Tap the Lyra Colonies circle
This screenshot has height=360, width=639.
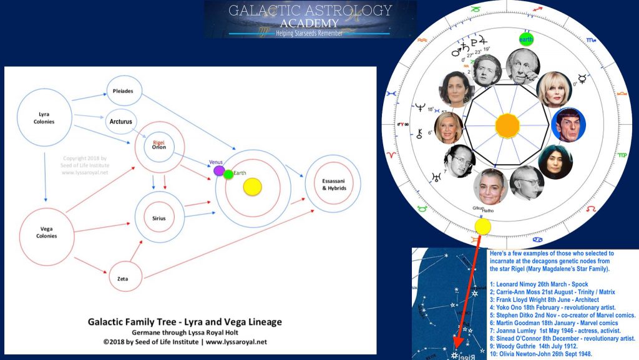pos(44,118)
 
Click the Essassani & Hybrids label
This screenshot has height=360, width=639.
pos(333,184)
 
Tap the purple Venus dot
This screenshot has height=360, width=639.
pos(218,170)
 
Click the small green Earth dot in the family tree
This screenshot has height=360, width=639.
pos(228,174)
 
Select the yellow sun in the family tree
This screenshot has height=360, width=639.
pos(252,186)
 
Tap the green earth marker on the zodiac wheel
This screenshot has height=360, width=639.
pos(527,39)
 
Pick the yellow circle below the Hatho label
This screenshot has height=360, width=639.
pos(482,226)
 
